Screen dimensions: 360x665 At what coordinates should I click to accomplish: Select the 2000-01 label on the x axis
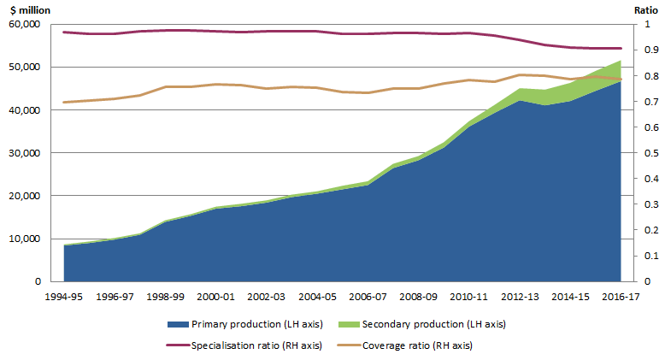(215, 295)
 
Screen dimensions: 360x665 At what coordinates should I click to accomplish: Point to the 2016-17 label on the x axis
(620, 295)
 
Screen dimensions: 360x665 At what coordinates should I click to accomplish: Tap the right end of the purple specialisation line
(621, 48)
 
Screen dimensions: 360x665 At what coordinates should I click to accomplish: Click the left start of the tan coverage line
(64, 102)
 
